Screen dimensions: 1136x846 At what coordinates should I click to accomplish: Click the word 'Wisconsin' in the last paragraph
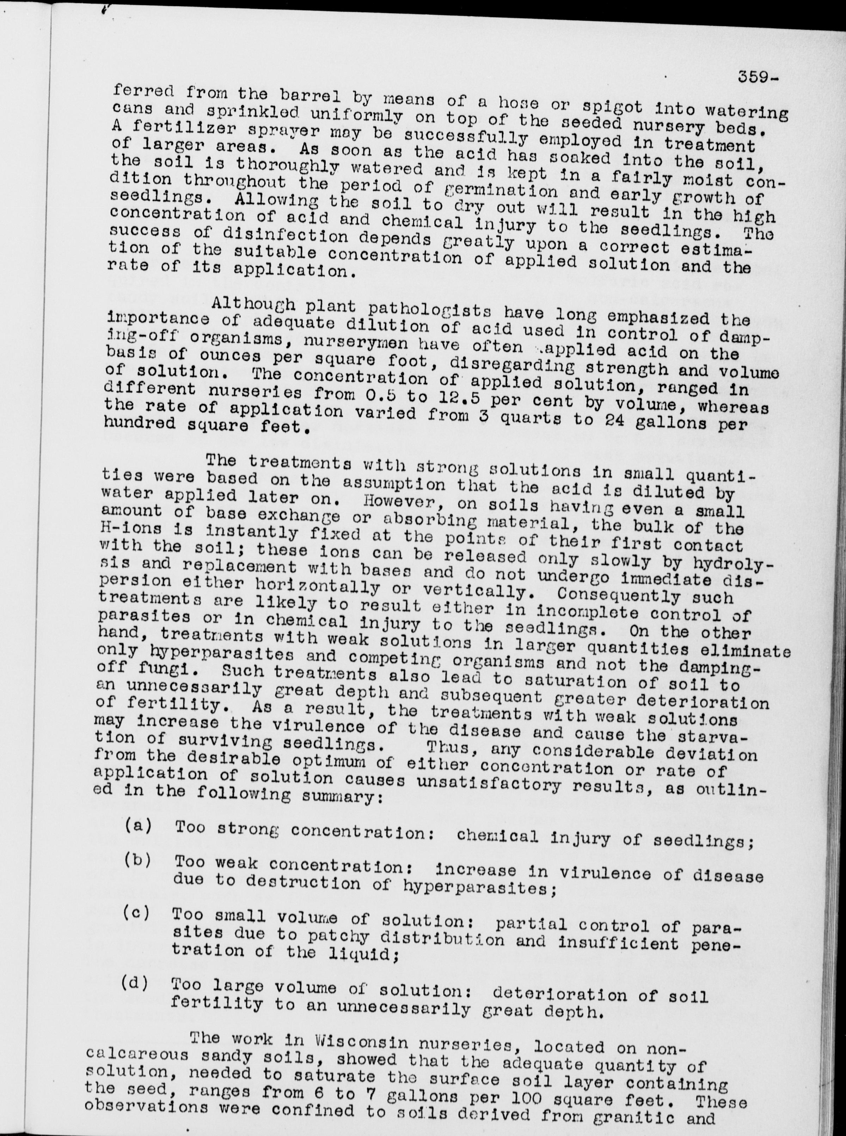click(350, 1038)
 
